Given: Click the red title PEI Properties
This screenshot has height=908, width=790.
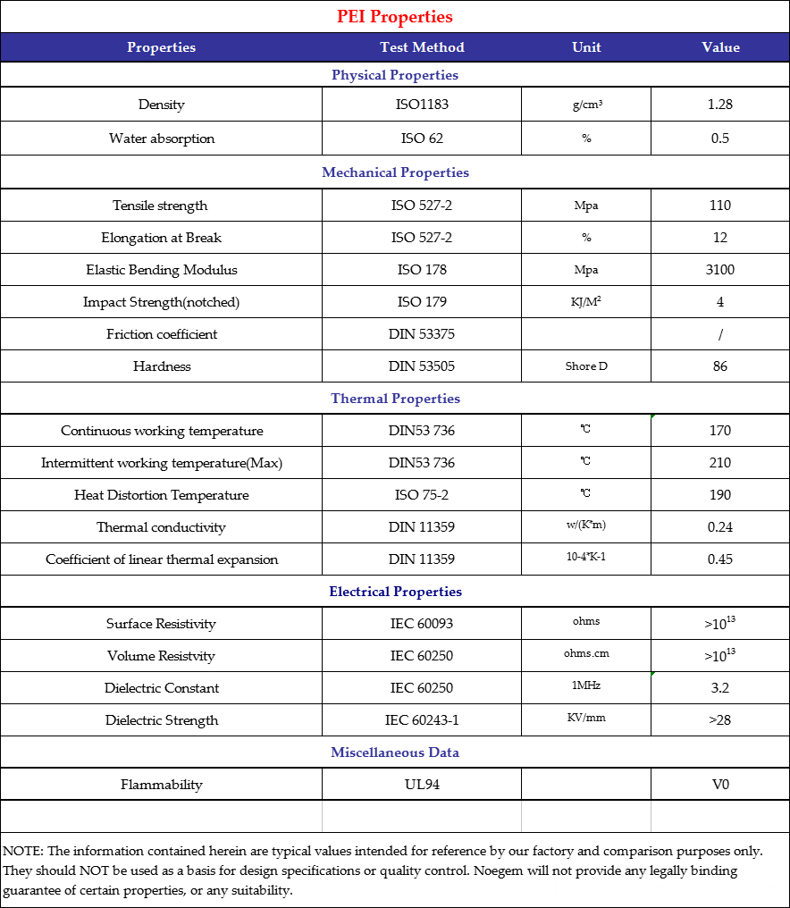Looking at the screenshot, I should point(395,17).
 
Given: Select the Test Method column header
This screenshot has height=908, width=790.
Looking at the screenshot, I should point(422,47).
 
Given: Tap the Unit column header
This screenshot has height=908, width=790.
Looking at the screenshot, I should point(586,47).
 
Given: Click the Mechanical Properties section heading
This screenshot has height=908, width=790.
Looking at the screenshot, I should point(395,172).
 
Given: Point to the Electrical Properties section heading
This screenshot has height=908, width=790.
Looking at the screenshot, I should point(395,592).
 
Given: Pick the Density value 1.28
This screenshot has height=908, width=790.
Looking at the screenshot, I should point(719,105).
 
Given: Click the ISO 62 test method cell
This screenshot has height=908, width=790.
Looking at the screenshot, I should point(422,139).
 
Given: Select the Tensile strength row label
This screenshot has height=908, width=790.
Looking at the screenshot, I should point(160,206).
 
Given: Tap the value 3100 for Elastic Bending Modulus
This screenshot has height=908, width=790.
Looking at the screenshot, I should point(719,270).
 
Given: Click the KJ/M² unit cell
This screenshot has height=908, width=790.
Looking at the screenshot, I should point(586,302).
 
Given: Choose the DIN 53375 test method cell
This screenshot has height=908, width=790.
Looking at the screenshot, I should point(422,334).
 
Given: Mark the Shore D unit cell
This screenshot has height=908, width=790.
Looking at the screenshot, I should point(586,366).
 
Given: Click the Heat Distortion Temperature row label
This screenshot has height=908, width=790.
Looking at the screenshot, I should point(162,495).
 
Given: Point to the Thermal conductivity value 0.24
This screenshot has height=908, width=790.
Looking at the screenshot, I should point(719,527).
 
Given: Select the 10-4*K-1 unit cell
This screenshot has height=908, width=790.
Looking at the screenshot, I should point(586,558).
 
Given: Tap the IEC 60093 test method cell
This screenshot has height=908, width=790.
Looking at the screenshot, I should point(422,624).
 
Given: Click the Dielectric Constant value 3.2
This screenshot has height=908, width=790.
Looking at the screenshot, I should point(719,688).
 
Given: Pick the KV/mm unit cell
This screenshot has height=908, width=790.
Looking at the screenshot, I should point(586,719).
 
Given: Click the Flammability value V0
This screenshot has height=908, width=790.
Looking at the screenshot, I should point(719,785).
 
